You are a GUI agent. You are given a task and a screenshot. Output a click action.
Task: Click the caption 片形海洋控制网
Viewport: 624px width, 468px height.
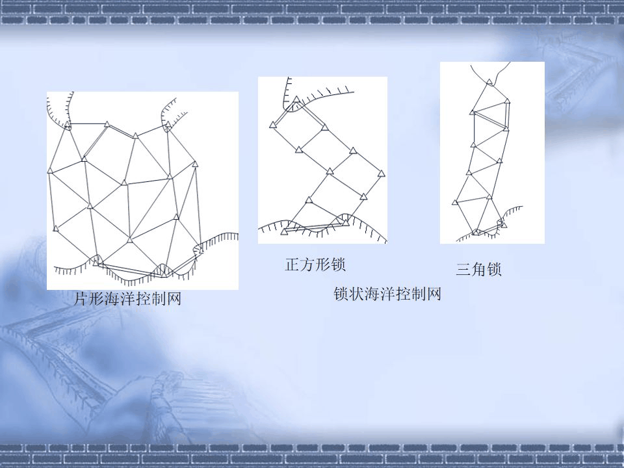(127, 300)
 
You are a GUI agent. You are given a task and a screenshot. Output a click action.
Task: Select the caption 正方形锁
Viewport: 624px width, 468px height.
(315, 265)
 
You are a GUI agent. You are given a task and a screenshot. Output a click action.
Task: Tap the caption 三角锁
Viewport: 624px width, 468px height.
(479, 270)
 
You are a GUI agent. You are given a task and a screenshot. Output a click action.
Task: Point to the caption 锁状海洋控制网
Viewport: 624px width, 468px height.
(388, 294)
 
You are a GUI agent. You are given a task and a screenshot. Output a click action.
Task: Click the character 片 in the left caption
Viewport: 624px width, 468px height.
(81, 300)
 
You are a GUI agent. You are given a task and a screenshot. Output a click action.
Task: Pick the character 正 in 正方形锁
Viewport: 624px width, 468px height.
(292, 265)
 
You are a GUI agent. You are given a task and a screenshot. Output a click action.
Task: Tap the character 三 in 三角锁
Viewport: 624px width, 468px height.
(463, 270)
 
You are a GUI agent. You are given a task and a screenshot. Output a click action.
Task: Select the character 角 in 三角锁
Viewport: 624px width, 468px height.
(479, 270)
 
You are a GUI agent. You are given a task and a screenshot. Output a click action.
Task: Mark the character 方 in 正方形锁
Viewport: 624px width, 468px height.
(307, 265)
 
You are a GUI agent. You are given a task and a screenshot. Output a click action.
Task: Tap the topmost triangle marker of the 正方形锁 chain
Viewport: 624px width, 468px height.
(296, 100)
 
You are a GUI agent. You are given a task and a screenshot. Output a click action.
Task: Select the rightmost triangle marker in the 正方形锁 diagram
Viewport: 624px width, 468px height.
(382, 174)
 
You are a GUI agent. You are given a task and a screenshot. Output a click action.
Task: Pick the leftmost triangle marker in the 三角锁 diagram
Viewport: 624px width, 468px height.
(455, 202)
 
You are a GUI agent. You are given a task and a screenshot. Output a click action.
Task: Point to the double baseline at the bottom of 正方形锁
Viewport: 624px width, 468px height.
(315, 227)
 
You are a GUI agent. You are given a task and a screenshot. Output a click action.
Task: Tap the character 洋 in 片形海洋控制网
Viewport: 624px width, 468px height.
(127, 300)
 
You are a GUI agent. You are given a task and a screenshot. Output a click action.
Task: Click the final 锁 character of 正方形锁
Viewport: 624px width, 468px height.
(338, 265)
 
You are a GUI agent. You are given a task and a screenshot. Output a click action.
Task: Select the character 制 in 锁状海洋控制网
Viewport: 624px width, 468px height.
(419, 294)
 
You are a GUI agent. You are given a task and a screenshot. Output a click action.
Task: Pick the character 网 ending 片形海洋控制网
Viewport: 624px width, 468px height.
(174, 300)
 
